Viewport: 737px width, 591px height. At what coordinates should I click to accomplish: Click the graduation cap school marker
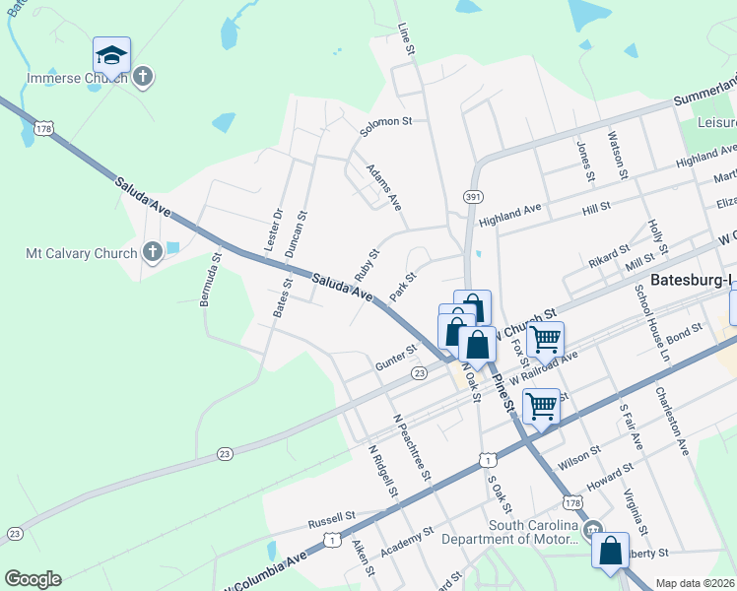(111, 55)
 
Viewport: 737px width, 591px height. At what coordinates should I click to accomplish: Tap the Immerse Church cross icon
(143, 77)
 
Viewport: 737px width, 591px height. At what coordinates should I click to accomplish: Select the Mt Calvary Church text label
(81, 253)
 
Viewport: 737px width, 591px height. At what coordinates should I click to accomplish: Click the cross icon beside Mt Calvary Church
(152, 253)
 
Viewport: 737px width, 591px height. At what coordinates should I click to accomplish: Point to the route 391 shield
(474, 197)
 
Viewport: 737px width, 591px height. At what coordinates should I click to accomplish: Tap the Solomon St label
(385, 121)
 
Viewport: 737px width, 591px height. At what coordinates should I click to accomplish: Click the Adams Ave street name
(383, 187)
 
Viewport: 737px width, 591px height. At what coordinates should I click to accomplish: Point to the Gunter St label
(396, 359)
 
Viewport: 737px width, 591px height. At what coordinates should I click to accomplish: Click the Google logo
(33, 578)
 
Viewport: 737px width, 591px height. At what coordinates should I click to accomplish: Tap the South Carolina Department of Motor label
(509, 532)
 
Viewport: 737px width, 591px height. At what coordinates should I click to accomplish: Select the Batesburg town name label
(691, 279)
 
